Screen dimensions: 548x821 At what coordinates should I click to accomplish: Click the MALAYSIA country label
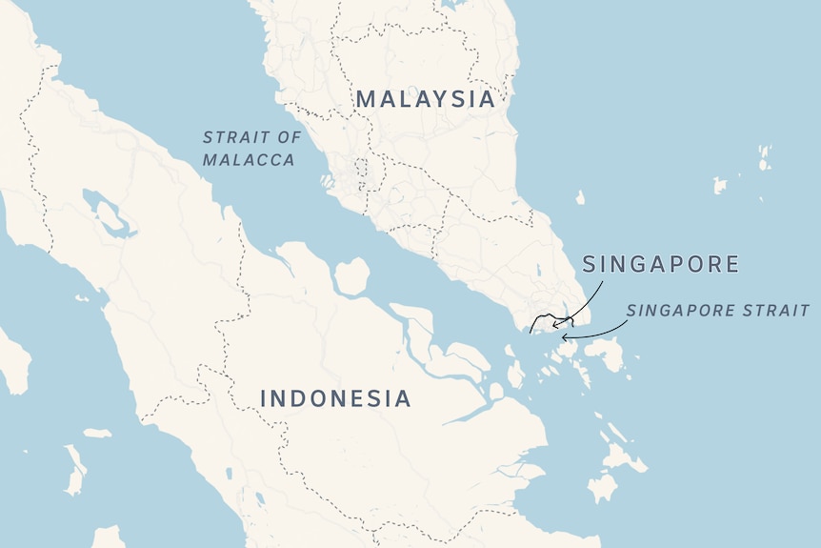point(426,98)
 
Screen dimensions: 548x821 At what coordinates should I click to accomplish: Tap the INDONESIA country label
point(335,398)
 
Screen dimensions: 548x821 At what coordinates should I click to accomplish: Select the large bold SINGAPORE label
point(660,264)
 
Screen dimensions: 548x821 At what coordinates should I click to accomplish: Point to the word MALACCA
point(249,160)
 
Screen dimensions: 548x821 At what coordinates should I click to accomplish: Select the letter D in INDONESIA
point(300,398)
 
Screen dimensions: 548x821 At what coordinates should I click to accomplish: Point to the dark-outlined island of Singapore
point(551,322)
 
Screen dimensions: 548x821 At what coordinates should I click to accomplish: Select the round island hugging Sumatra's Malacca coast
point(351,276)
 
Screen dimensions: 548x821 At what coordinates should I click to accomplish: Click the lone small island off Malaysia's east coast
point(580,197)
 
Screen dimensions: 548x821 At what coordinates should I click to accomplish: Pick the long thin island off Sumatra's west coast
point(74,471)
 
